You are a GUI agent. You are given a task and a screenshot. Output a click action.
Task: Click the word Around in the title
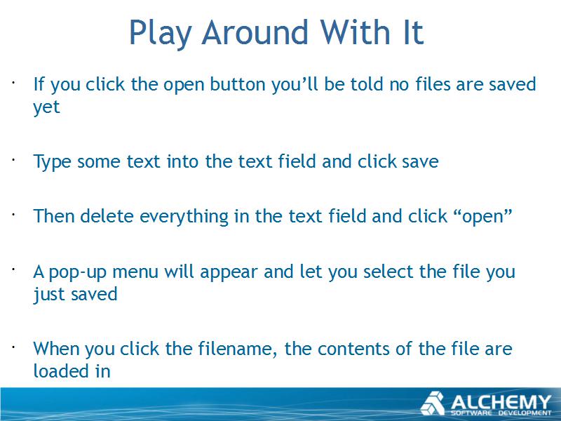[255, 32]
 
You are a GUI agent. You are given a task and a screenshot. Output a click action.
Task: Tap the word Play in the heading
[160, 33]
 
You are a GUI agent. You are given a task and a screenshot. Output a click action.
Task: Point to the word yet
[46, 107]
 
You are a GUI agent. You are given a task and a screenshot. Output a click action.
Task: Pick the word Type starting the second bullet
[52, 162]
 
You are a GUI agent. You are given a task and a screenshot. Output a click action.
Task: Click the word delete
[107, 216]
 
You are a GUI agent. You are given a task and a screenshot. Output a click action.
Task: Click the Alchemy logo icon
[433, 403]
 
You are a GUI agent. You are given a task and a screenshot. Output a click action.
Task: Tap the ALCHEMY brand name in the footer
[501, 401]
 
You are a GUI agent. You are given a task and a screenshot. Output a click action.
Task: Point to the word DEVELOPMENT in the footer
[525, 413]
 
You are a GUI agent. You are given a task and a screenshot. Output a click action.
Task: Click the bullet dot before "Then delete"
[13, 215]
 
